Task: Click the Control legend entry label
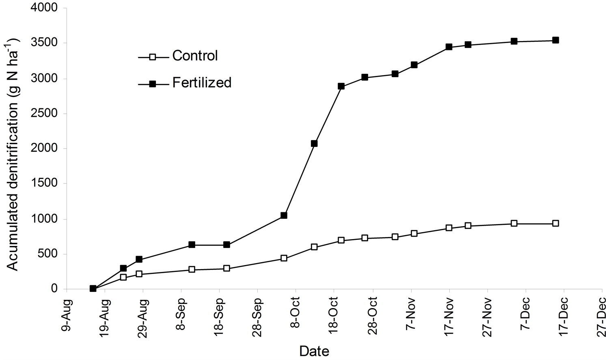tap(195, 56)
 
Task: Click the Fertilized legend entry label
tap(202, 83)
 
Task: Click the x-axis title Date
tap(314, 350)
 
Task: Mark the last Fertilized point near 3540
tap(555, 40)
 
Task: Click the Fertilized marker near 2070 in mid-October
tap(314, 143)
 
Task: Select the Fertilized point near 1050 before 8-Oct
tap(284, 215)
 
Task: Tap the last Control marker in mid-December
tap(555, 223)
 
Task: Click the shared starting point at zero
tap(93, 289)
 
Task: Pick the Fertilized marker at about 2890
tap(341, 86)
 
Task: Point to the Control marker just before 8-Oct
tap(284, 258)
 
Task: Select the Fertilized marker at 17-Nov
tap(449, 47)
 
